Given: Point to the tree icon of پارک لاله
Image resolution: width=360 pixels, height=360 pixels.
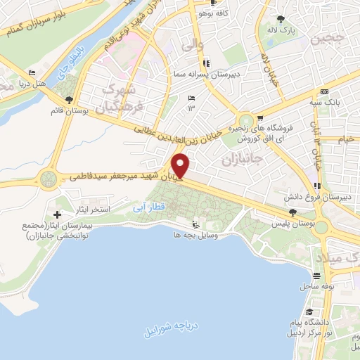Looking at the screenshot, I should point(282,19).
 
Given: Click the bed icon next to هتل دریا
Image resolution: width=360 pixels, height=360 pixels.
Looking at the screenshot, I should point(31,73).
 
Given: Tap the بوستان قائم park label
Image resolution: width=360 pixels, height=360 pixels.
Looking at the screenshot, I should point(68,111).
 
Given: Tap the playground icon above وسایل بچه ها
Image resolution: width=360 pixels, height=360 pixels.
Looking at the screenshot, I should point(195,225).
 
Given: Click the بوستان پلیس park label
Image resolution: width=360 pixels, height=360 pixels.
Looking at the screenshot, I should point(292,223).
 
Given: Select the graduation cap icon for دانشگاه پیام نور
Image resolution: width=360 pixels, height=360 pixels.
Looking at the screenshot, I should point(309,311).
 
